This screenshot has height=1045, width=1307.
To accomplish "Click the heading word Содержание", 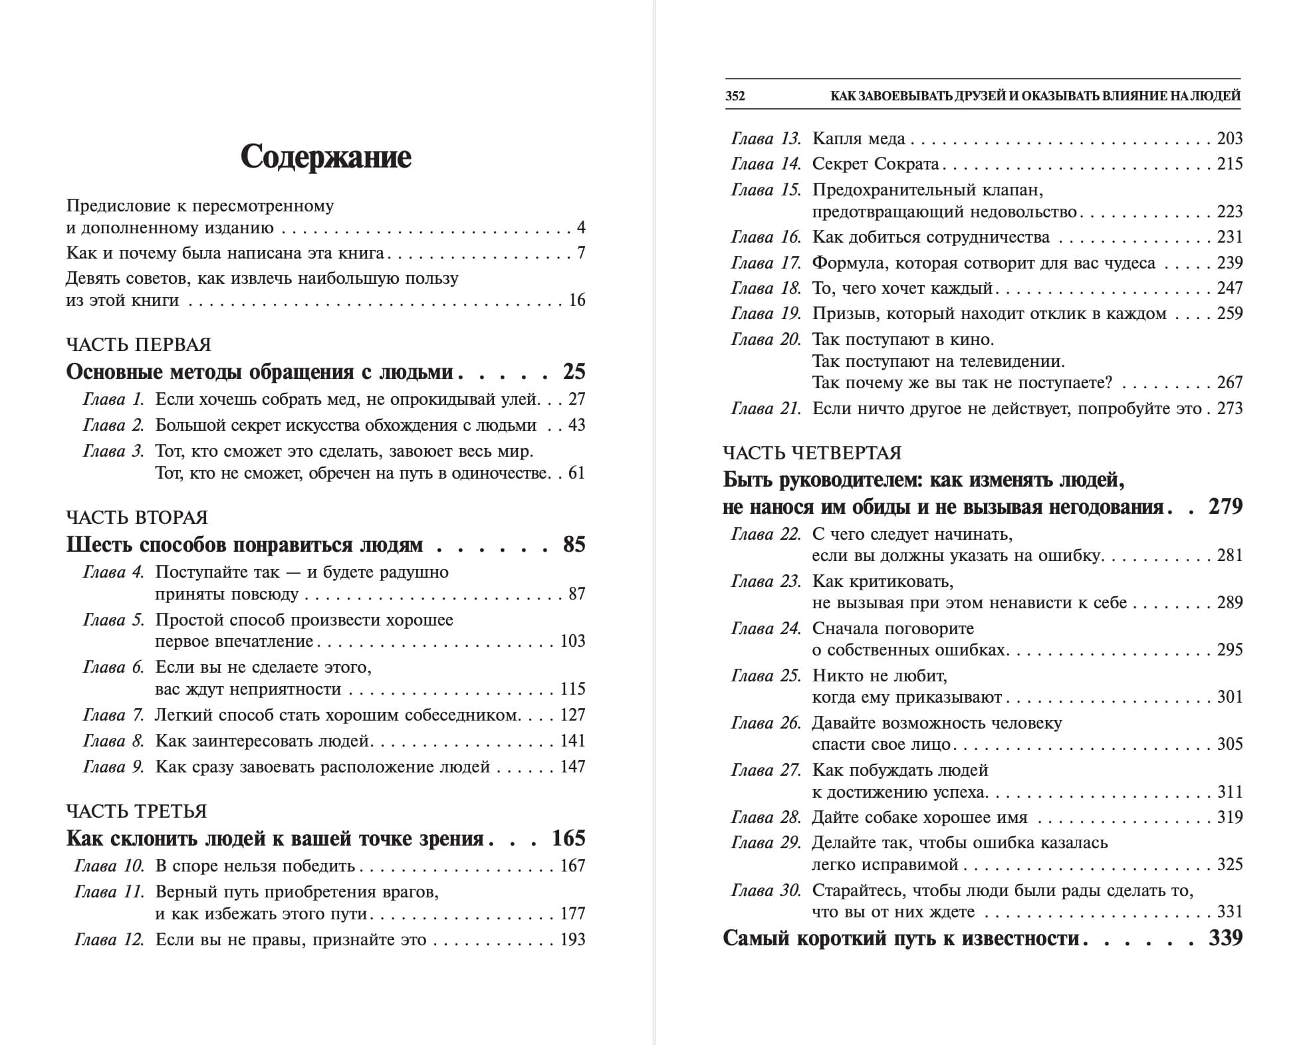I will (x=326, y=158).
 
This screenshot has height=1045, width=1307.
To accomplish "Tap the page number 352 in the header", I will (x=735, y=96).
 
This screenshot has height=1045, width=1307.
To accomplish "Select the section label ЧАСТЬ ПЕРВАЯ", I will (x=138, y=344).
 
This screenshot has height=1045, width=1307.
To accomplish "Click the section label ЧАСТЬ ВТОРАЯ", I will (x=137, y=517).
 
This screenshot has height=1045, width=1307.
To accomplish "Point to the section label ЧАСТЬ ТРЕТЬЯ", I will (x=136, y=811).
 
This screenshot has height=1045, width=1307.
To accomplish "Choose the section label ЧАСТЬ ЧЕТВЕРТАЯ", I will (x=812, y=453).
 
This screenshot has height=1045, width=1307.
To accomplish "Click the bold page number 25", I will (x=574, y=372).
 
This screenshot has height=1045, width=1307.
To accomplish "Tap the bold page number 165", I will (x=568, y=838).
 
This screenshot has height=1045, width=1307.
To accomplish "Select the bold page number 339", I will (x=1225, y=938).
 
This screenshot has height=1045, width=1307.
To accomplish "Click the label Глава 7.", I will (x=113, y=715).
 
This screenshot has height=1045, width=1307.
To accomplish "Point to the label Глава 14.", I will (x=766, y=164).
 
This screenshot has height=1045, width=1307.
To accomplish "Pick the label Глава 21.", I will (x=766, y=409).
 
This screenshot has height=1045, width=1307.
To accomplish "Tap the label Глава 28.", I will (x=766, y=818).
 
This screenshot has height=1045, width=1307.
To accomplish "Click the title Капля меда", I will (x=858, y=139).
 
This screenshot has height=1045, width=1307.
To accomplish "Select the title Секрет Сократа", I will (x=876, y=164).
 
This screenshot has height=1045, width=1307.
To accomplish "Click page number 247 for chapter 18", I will (x=1229, y=288).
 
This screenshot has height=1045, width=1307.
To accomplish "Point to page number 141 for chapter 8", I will (x=572, y=741).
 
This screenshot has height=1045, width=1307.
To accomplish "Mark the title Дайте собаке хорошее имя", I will (x=919, y=818).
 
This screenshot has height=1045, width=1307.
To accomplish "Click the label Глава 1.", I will (x=113, y=400).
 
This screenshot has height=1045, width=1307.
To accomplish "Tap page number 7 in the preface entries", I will (x=581, y=253).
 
